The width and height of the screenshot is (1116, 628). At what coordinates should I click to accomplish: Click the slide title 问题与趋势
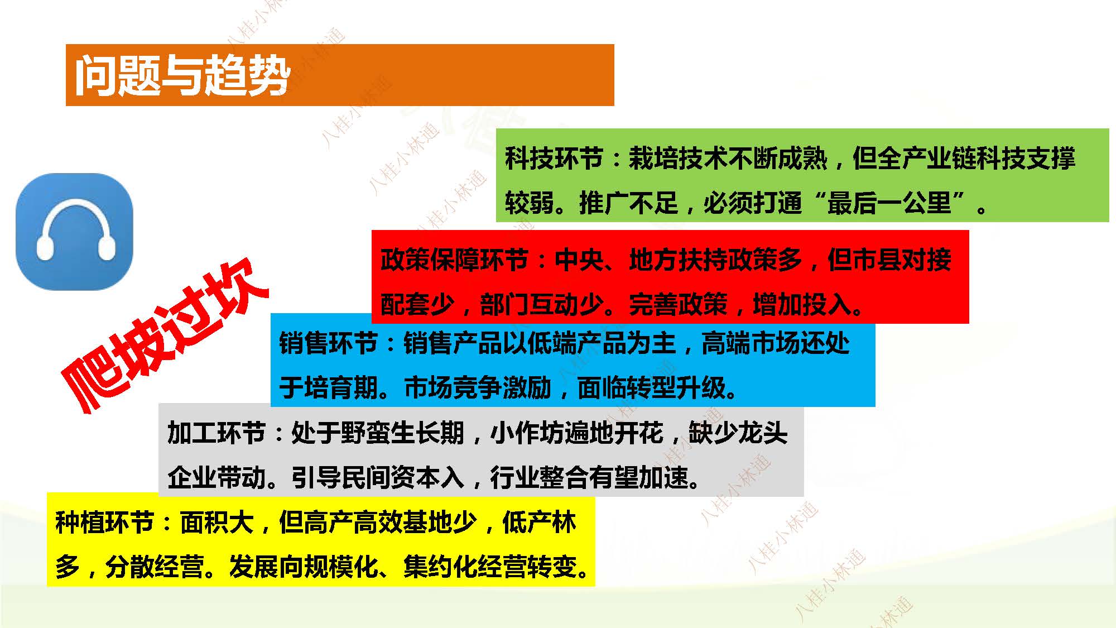point(182,75)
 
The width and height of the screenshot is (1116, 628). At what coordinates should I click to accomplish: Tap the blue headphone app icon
point(75,231)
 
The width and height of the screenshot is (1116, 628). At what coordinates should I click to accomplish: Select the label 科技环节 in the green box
point(554,158)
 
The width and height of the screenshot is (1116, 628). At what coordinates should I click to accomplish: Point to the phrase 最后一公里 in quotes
point(889,203)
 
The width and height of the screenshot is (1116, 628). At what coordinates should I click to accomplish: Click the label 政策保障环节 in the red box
point(454,260)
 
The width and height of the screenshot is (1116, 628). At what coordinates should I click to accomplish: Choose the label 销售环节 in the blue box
point(328,343)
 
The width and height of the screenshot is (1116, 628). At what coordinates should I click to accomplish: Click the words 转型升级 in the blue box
point(677,387)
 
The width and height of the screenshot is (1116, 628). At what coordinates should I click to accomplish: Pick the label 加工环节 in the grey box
point(217,433)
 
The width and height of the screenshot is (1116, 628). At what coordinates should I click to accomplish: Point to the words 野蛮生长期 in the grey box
point(402,433)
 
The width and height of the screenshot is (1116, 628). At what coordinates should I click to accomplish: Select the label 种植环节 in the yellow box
point(104,522)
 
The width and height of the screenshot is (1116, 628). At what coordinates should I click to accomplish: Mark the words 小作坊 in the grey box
point(527,433)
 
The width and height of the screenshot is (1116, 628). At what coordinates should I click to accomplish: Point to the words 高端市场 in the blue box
point(751,343)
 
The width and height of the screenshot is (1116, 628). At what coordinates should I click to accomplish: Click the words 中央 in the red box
point(579,260)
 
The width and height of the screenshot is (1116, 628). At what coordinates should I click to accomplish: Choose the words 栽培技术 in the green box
point(678,158)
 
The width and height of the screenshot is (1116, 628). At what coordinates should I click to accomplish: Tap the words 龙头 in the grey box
point(762,433)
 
